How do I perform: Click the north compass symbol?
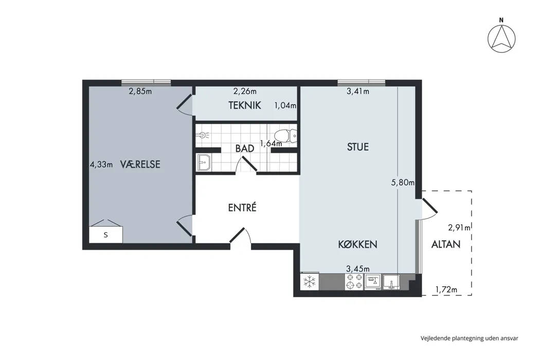pos(501,35)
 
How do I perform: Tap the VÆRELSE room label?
pos(140,165)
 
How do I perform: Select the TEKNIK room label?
pos(245,105)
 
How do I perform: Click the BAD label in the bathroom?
pos(245,149)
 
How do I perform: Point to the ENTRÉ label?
pos(242,207)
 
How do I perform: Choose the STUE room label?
pos(358,147)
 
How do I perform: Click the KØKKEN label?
pos(357,244)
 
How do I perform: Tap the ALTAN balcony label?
pos(446,244)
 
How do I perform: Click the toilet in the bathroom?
pos(285,136)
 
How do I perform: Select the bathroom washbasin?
pos(204,163)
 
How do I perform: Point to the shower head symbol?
pos(203,134)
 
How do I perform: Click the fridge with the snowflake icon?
pos(310,281)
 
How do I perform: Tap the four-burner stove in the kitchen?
pos(354,281)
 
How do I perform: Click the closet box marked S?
pos(106,235)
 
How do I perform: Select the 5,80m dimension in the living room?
pos(403,183)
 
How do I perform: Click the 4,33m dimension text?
pos(101,165)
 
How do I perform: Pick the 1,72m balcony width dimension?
pos(446,290)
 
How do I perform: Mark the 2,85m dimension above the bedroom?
pos(140,92)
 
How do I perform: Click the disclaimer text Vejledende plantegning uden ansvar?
pos(469,338)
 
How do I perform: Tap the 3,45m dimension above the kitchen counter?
pos(358,268)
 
